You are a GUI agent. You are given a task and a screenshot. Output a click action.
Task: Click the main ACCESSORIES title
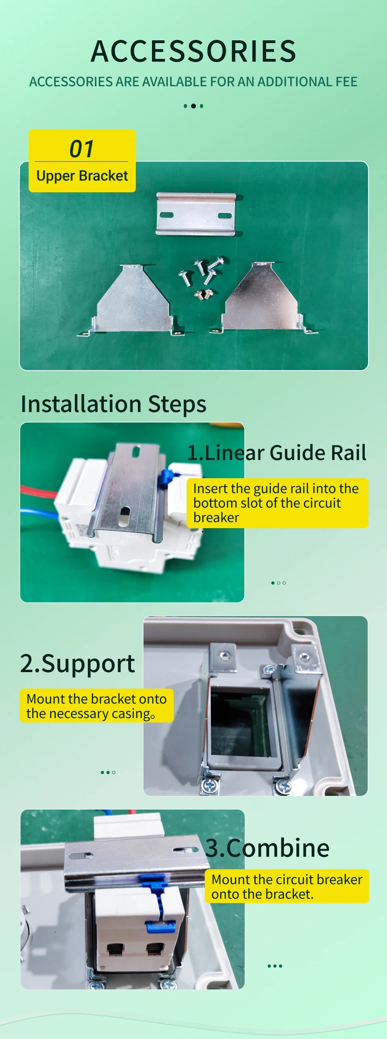(x=193, y=51)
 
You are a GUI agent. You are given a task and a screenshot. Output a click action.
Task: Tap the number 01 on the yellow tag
(x=81, y=149)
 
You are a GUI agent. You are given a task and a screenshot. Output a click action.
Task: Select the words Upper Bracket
(x=82, y=176)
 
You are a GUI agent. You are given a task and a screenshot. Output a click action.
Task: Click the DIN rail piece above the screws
(x=196, y=214)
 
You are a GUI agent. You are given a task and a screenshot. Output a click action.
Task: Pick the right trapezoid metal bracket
(x=262, y=298)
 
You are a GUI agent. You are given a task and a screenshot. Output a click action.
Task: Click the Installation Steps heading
(x=113, y=404)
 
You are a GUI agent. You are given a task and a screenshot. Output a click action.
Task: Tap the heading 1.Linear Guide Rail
(x=277, y=452)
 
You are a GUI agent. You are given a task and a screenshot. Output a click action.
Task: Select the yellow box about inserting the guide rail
(x=277, y=503)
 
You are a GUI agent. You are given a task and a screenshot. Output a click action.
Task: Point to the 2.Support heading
(x=77, y=664)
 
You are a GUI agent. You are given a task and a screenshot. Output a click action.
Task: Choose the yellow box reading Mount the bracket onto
(x=96, y=706)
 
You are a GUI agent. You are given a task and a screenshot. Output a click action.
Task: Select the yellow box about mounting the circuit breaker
(x=287, y=886)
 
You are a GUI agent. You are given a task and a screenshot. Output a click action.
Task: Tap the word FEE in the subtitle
(x=346, y=82)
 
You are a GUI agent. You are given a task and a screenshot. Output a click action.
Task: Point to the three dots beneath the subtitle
(x=193, y=106)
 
